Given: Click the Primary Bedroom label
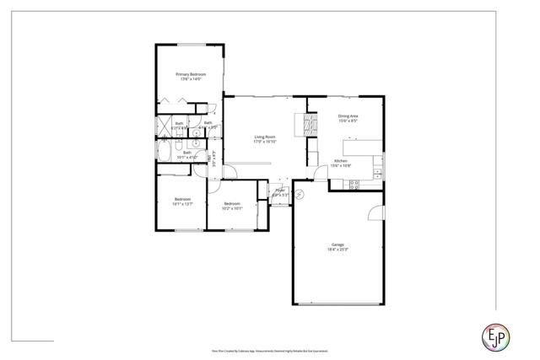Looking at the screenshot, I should point(191,74).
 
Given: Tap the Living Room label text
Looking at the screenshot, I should point(265,137).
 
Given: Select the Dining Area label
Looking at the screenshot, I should point(348,116).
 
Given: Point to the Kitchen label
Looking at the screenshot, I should point(341,160).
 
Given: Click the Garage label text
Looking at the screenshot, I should point(337,244).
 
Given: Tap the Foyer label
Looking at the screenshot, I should point(280,191).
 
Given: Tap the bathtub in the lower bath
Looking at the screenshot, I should point(165,153).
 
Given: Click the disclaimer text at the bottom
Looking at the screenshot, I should point(269,349).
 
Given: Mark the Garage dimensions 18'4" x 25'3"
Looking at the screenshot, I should point(337,250).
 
